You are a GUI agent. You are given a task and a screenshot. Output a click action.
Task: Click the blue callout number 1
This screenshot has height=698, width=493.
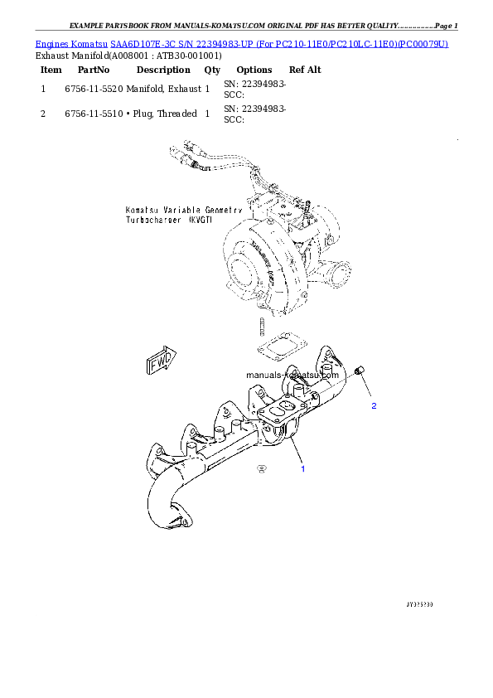(x=302, y=469)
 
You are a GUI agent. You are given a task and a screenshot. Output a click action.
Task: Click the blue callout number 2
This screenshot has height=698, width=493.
(x=374, y=406)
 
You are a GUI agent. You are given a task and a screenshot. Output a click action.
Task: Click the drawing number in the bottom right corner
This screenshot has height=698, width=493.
(x=419, y=603)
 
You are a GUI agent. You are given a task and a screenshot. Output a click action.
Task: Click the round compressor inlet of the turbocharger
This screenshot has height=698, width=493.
(x=244, y=269)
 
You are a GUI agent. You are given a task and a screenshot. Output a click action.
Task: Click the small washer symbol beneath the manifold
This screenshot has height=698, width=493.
(x=262, y=468)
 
